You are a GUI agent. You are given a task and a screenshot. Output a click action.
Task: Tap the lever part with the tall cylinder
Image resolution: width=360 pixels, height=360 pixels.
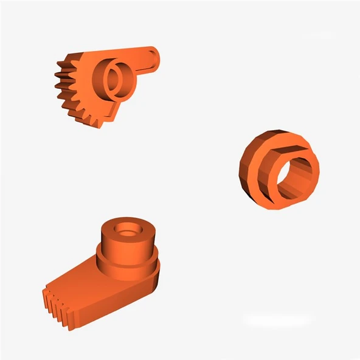click(109, 274)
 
